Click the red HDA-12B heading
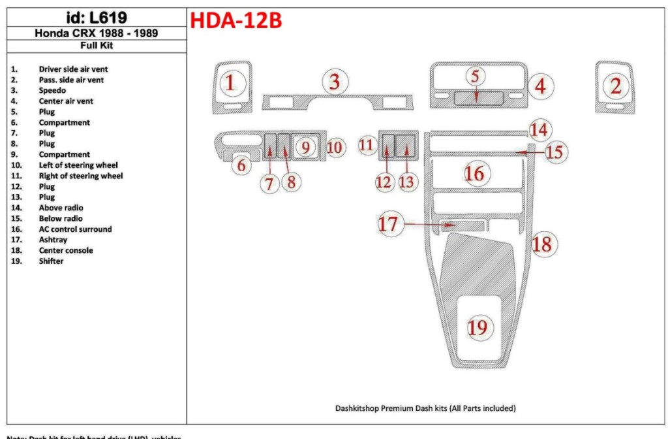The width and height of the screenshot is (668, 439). (235, 21)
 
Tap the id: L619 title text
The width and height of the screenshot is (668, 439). (97, 18)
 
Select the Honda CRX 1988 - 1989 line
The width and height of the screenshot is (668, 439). (96, 33)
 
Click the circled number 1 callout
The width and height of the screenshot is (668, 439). (230, 83)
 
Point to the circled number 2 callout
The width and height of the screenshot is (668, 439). (615, 84)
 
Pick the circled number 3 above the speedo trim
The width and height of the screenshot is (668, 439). (335, 82)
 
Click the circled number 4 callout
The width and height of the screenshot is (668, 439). (541, 86)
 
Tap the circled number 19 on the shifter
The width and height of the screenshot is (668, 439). (478, 327)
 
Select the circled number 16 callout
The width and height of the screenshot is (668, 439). (474, 174)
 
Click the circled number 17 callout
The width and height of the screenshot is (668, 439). (388, 224)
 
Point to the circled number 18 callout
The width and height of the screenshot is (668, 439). (542, 244)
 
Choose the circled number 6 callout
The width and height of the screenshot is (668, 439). (241, 165)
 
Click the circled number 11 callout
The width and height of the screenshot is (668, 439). (367, 145)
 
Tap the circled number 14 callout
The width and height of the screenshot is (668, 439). (539, 129)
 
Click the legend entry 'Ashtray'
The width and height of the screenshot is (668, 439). (53, 240)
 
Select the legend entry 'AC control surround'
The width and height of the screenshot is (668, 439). (75, 229)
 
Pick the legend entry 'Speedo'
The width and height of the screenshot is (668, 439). (52, 91)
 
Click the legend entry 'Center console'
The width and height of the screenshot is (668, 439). (65, 250)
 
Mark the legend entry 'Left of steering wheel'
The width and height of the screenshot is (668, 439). (78, 165)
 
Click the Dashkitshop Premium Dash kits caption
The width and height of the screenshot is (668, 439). (425, 408)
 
